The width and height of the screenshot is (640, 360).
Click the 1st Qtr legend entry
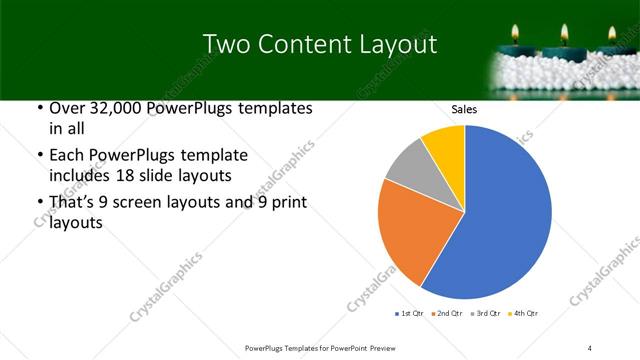pyautogui.click(x=411, y=313)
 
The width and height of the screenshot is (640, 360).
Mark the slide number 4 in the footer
pyautogui.click(x=591, y=346)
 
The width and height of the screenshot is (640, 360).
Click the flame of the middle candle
pyautogui.click(x=566, y=30)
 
